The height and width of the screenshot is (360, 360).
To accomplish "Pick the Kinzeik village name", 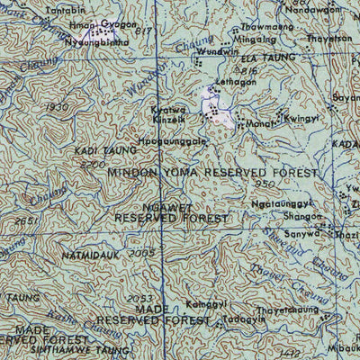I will click(167, 119).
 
